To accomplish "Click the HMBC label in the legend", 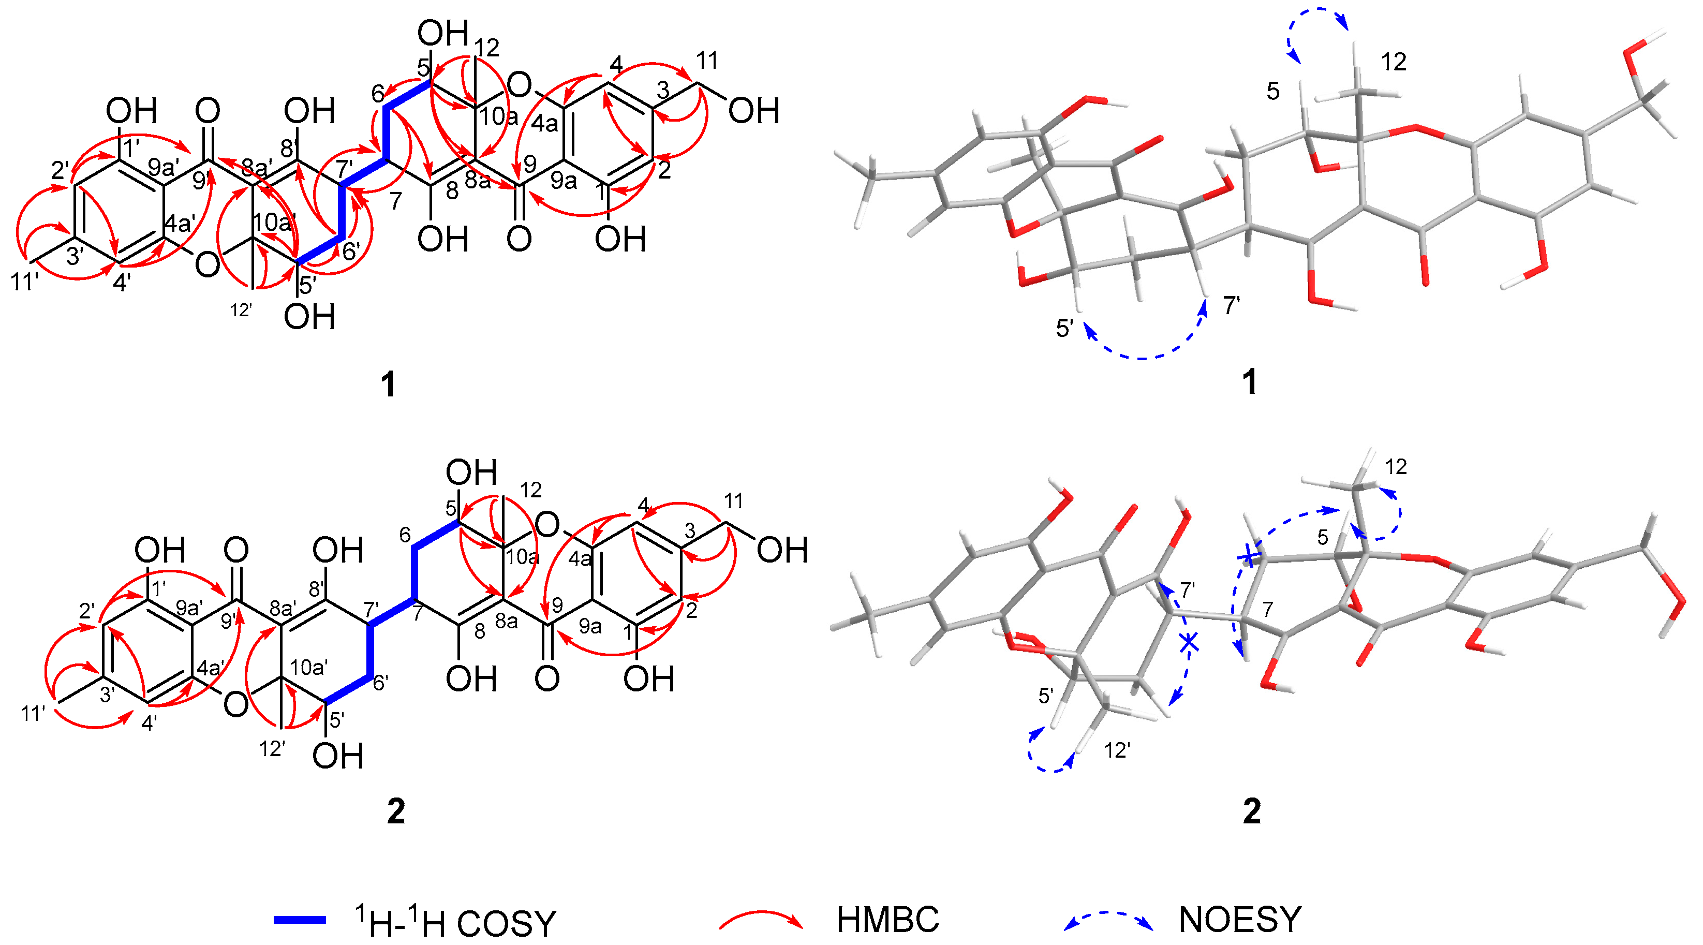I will pos(887,919).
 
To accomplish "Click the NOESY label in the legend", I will pos(1239,919).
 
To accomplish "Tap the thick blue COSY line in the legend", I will pos(300,919).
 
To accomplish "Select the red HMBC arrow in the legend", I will pos(760,920).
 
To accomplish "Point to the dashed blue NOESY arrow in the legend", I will pos(1108,919).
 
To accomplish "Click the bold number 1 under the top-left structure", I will pos(388,384).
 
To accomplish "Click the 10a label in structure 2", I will pos(522,557).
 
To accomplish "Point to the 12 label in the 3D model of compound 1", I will pos(1394,62).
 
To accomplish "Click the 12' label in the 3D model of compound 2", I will pos(1117,750).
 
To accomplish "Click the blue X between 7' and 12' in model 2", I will pos(1189,641).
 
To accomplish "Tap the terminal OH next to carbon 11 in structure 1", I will pos(753,111).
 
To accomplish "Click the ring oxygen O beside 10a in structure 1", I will pos(520,85).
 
